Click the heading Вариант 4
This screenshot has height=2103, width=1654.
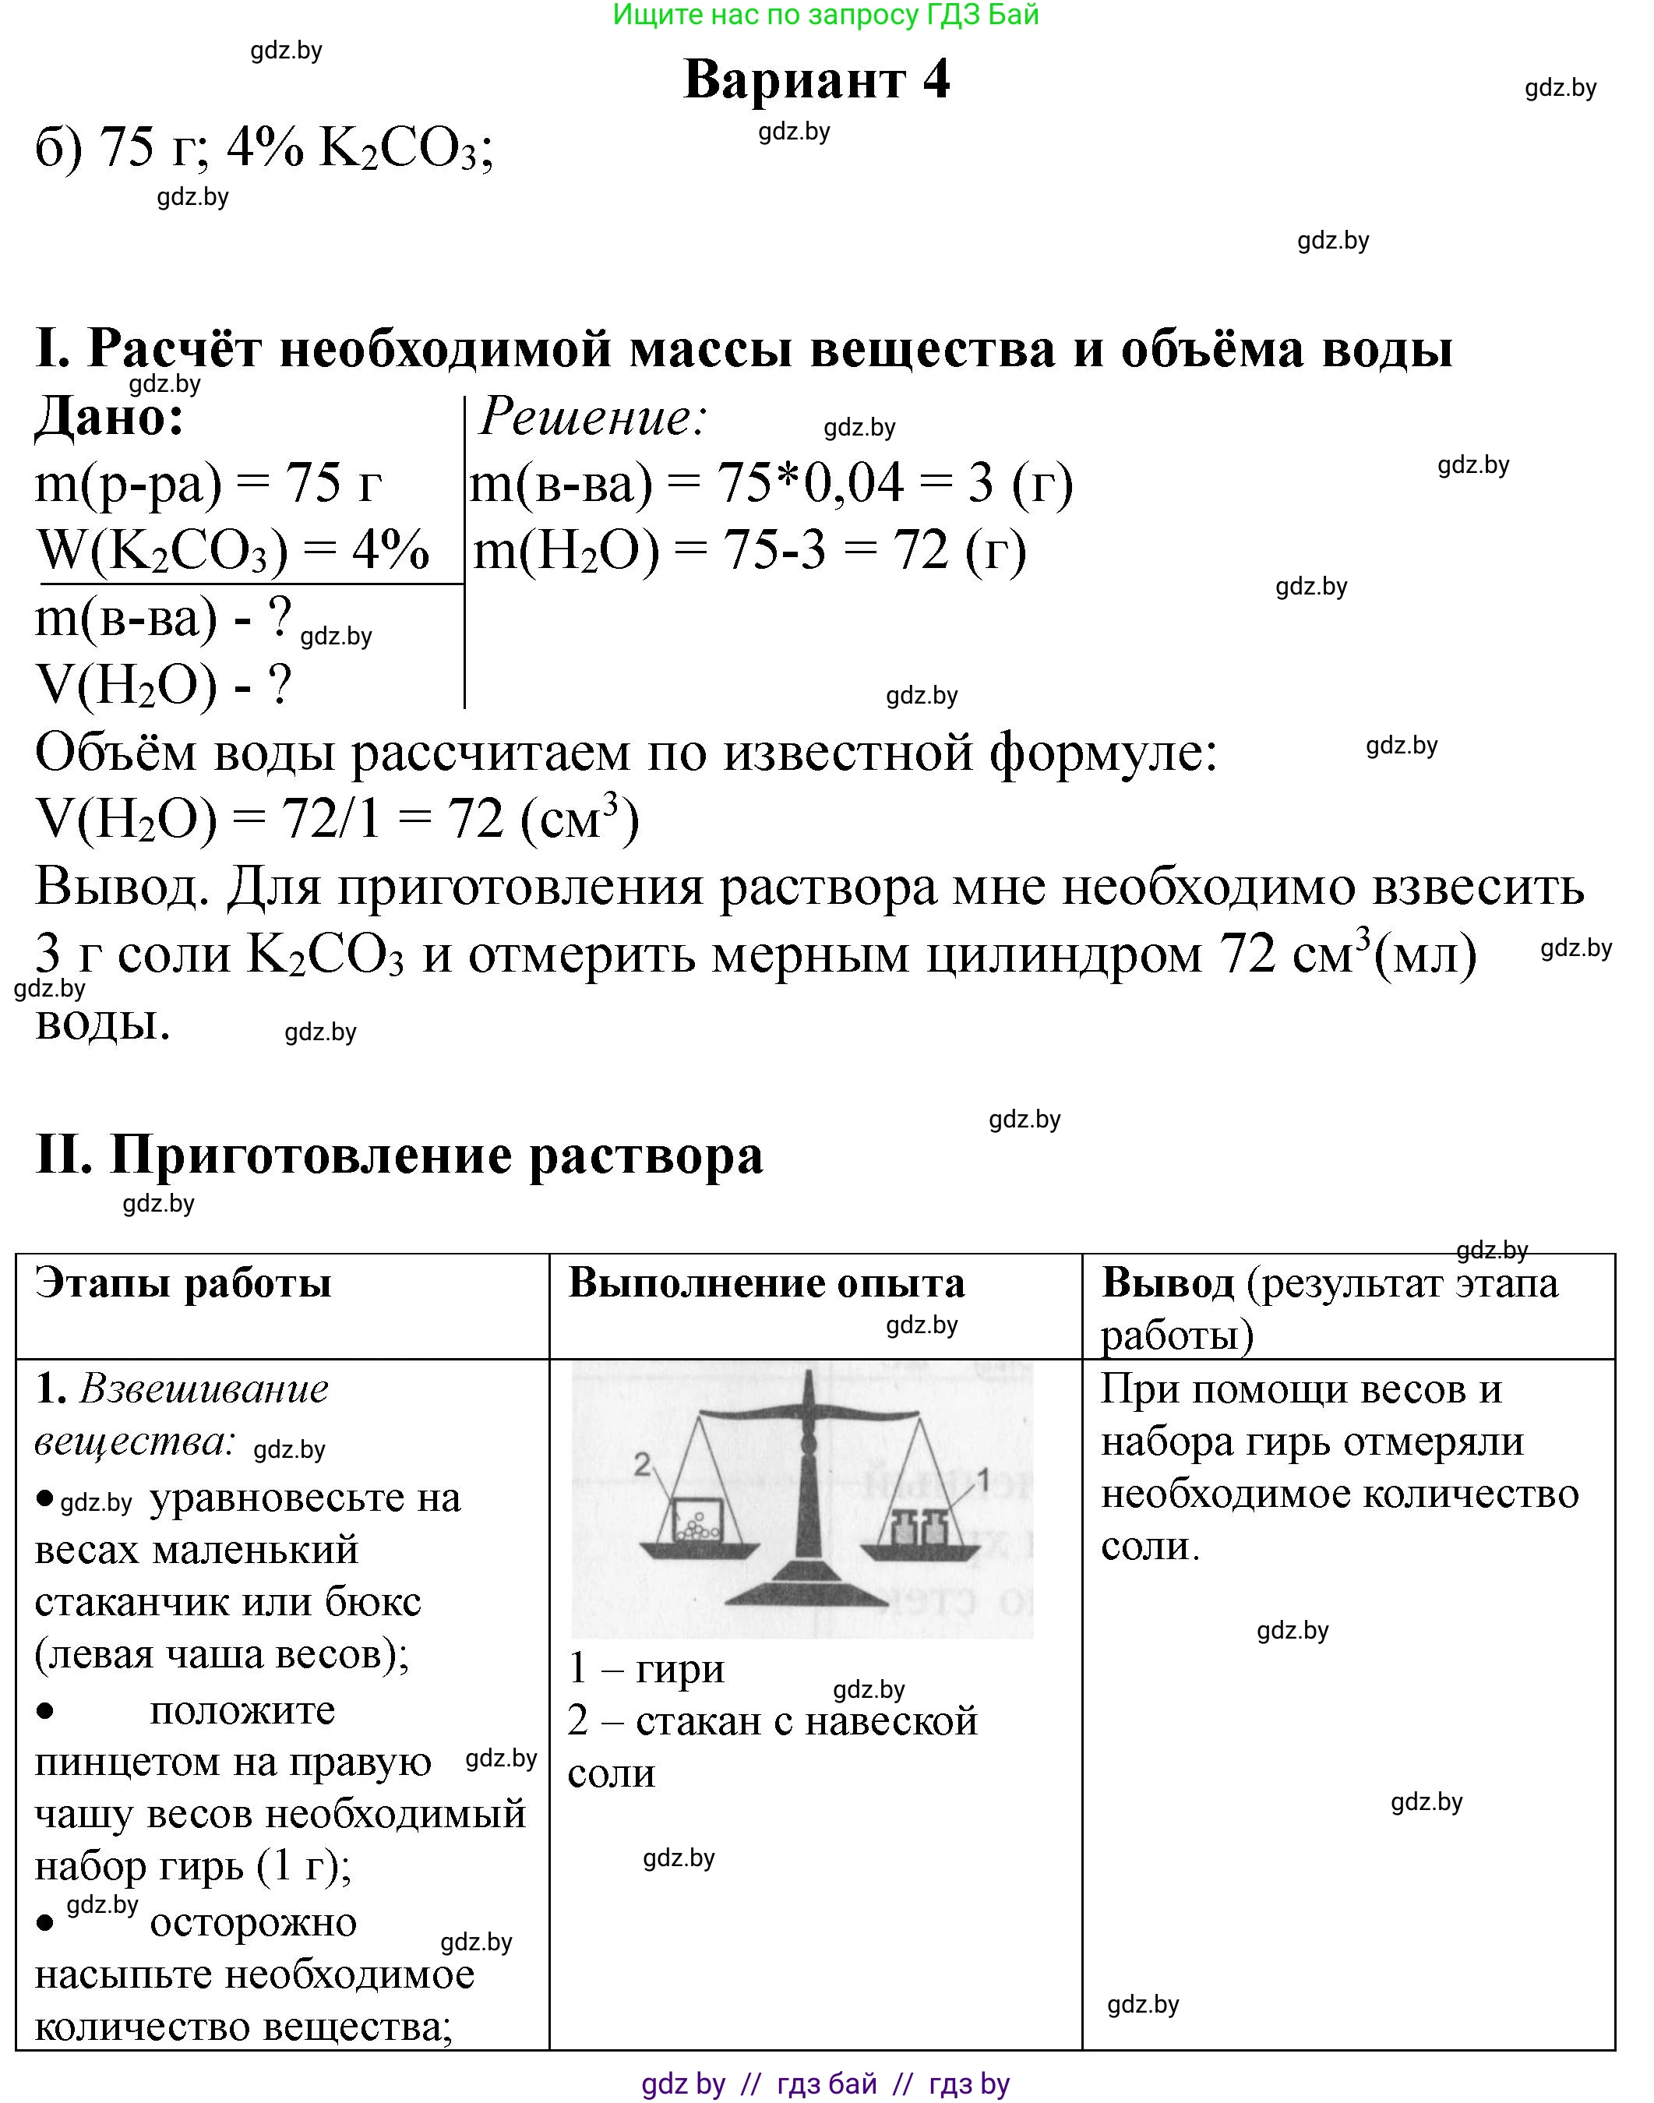[x=816, y=79]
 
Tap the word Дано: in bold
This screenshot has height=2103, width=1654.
[x=109, y=418]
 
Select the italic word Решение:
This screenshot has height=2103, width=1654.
[x=593, y=418]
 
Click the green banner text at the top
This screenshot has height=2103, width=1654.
[x=826, y=15]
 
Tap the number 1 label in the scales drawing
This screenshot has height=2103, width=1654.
[x=983, y=1479]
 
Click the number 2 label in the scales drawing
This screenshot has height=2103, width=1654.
[x=642, y=1465]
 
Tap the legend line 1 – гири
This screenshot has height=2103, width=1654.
[x=646, y=1668]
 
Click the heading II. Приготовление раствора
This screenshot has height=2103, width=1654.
[x=399, y=1155]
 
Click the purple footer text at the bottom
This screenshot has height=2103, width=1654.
[x=825, y=2084]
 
